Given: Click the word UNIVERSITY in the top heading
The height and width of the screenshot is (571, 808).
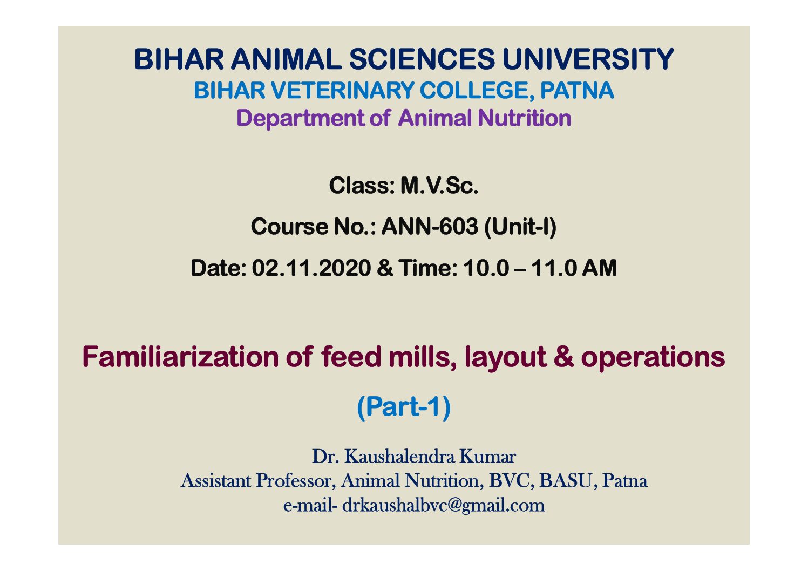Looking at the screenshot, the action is [588, 59].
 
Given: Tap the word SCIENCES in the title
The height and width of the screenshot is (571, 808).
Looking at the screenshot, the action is [422, 59].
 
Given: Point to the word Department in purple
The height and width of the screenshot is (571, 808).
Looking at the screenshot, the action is [301, 118].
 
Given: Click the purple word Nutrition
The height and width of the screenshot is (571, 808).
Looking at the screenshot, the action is [525, 118].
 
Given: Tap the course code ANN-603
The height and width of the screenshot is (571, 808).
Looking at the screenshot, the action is [430, 227].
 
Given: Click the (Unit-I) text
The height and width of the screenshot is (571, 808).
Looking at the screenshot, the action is [520, 227].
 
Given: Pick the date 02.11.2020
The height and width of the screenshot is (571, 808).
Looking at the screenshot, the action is [311, 268].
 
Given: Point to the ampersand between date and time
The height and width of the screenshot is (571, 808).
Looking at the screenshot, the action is [385, 268].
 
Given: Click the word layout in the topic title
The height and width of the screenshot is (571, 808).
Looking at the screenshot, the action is [505, 358].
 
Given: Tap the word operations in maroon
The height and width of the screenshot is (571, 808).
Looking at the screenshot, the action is [653, 358].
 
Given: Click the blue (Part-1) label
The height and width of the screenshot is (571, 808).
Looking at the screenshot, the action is [404, 406].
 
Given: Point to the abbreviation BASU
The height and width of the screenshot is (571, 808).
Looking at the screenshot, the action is [566, 480].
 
